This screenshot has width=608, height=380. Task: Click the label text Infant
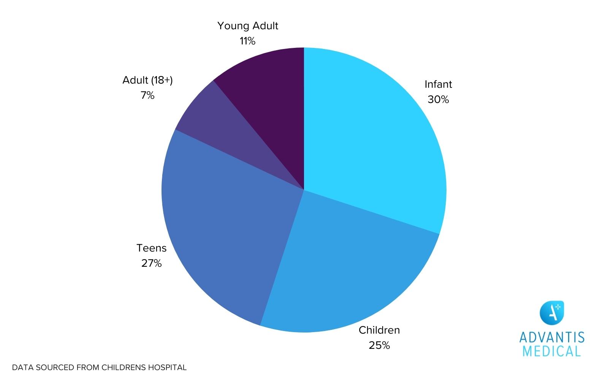[438, 84]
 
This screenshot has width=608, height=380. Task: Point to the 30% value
[438, 100]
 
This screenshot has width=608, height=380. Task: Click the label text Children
[379, 330]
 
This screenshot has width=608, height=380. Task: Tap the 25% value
[379, 345]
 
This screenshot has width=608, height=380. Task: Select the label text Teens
[152, 248]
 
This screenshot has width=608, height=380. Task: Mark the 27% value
[152, 263]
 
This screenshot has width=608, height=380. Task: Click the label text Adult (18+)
[147, 80]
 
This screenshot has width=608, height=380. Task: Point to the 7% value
[147, 95]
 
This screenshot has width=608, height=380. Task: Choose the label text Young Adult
[248, 26]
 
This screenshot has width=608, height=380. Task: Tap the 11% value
[247, 41]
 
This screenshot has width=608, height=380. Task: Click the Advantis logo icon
[552, 312]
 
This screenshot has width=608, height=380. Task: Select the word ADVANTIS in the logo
[552, 337]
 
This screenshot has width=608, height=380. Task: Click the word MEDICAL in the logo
[552, 351]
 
